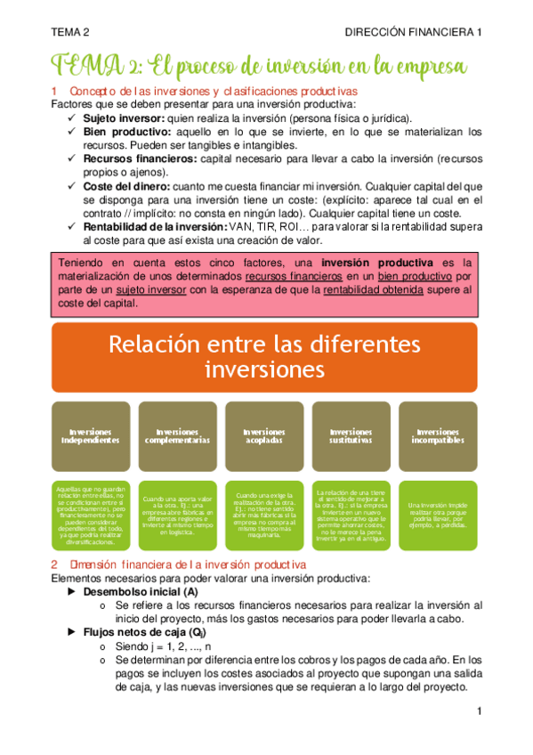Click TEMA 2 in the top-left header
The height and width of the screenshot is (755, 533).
coord(70,32)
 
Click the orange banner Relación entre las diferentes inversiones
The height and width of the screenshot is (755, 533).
coord(264,355)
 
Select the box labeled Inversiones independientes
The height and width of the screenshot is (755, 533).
coord(86,436)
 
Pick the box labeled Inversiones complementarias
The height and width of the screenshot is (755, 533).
coord(177,436)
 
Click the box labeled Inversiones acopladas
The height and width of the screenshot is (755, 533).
coord(264,436)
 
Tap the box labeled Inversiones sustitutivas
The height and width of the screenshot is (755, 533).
coord(351,436)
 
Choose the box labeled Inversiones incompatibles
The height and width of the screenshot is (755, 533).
coord(438,436)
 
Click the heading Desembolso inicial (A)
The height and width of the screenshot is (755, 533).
coord(140,566)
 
